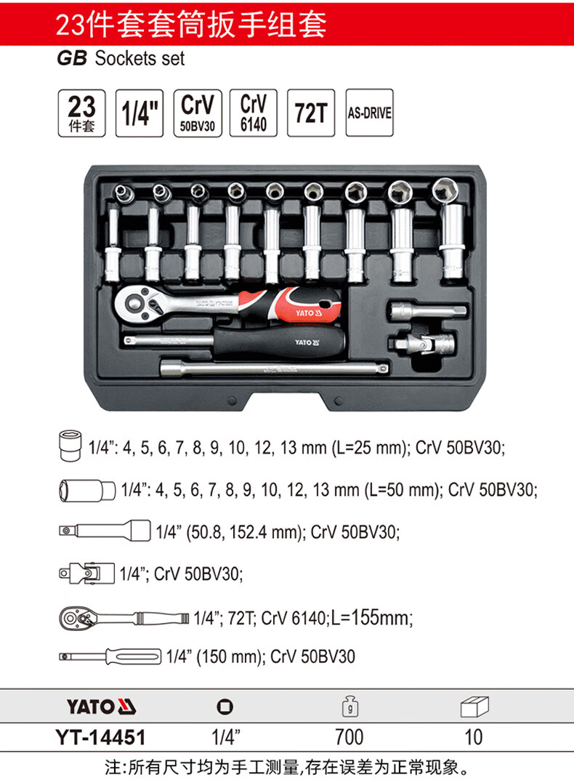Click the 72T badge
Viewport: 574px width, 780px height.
[311, 113]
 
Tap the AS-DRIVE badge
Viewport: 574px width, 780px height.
[369, 113]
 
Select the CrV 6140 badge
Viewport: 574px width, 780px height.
[253, 113]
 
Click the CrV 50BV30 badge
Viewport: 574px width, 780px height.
[198, 113]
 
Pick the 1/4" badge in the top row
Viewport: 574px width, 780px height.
[140, 113]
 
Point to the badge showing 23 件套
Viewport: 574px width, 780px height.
[81, 113]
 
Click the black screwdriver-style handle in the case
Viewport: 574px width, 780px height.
[279, 341]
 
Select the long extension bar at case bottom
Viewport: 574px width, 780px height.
[274, 369]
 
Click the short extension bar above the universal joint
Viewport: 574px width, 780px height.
[428, 311]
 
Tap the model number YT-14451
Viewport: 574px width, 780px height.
[101, 737]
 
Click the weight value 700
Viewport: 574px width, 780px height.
[349, 737]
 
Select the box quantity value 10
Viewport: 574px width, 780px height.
[474, 737]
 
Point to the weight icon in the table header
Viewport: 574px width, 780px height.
[350, 706]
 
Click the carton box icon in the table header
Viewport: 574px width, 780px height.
[474, 707]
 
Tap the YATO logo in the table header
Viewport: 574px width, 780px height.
[102, 707]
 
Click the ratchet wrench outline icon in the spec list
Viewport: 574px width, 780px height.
[124, 619]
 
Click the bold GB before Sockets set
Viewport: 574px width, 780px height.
[72, 59]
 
